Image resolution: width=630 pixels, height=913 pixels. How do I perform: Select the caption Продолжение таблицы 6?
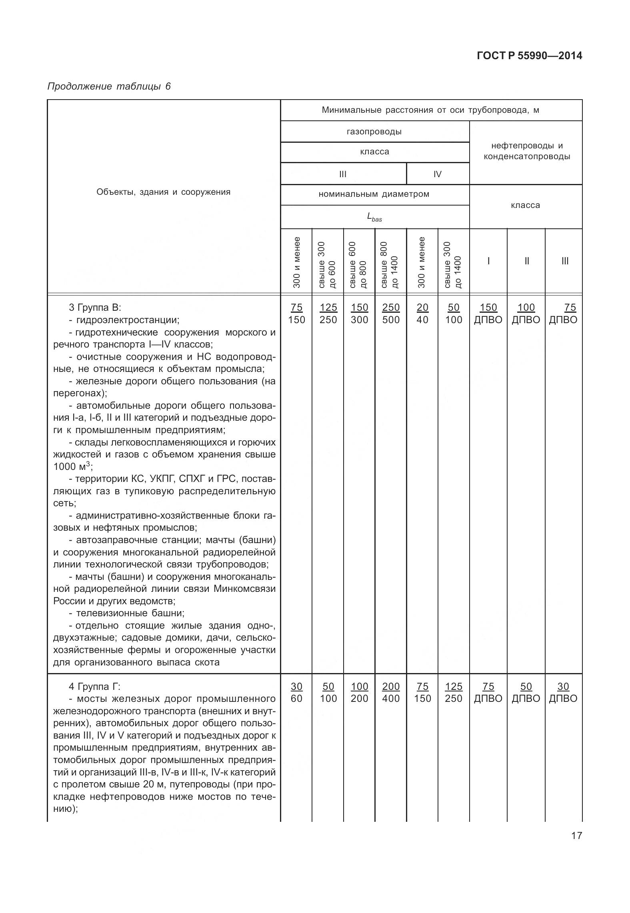coord(109,86)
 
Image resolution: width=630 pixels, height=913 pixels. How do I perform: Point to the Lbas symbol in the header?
coord(374,217)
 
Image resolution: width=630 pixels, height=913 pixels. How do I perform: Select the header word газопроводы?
coord(374,132)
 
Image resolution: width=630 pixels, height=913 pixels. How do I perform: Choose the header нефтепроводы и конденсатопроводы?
coord(526,151)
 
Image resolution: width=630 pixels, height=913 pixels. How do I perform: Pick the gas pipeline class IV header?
coord(437,174)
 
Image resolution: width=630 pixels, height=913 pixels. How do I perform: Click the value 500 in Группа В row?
coord(391,320)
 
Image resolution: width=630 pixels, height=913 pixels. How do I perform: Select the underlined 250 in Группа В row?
coord(391,307)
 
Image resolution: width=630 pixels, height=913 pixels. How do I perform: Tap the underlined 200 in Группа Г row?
coord(391,686)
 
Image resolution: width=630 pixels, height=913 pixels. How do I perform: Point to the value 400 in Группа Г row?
coord(391,699)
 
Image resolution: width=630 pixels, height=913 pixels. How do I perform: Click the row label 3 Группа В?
coord(94,308)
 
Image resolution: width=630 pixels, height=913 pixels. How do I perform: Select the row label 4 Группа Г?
coord(94,687)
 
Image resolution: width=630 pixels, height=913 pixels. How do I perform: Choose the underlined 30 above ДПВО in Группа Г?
coord(563,686)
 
